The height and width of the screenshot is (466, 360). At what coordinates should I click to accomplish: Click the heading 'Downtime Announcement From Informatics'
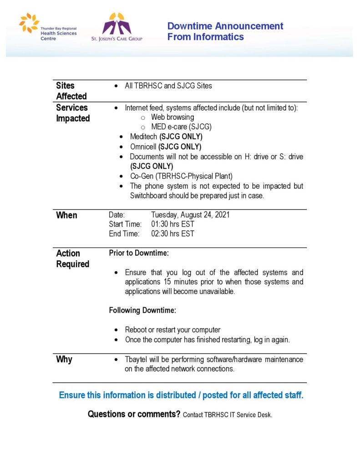coord(225,31)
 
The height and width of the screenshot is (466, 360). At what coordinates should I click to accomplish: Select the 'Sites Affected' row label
coord(71,91)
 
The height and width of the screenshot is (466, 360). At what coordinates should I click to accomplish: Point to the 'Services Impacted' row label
coord(72,113)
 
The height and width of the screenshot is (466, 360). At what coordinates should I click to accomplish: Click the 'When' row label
coord(66,215)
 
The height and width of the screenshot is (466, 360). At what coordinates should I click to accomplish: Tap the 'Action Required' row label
coord(72,258)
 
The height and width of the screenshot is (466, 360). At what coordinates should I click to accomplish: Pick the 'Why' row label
coord(64,360)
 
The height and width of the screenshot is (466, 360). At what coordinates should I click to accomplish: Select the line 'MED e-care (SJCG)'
coord(181,127)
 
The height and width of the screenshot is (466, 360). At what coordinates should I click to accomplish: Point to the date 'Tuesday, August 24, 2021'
coord(190,215)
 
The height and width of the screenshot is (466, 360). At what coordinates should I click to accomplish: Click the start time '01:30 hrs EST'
coord(172,224)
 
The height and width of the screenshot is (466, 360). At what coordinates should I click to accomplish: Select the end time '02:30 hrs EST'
coord(172,234)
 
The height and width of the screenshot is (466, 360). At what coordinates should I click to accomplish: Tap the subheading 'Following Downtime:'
coord(142,310)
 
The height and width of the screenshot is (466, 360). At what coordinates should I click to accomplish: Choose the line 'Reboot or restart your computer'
coord(172,329)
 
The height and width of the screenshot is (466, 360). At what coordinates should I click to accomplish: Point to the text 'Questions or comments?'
coord(134,414)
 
